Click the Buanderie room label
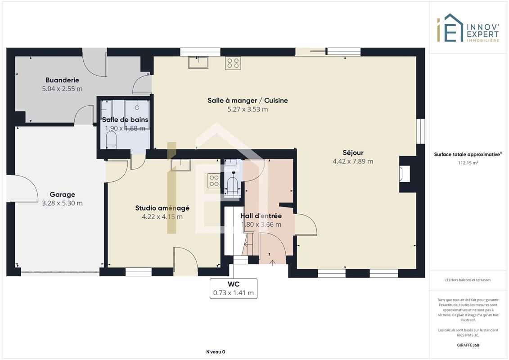click(62, 80)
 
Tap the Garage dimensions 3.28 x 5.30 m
click(62, 203)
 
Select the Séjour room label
click(353, 153)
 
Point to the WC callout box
click(234, 288)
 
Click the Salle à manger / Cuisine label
click(248, 100)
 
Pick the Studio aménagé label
click(162, 208)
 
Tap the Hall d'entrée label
click(261, 216)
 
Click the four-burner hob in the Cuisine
click(233, 63)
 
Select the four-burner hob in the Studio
click(214, 180)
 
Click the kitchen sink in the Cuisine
click(198, 63)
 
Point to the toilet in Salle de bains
click(111, 140)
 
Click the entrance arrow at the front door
click(272, 263)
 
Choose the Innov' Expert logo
click(468, 28)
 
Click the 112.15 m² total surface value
click(468, 162)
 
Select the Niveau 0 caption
click(216, 352)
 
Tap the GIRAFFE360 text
click(468, 345)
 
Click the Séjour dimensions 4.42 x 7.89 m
click(353, 162)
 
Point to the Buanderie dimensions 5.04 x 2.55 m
click(62, 89)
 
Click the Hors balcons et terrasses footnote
click(468, 280)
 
